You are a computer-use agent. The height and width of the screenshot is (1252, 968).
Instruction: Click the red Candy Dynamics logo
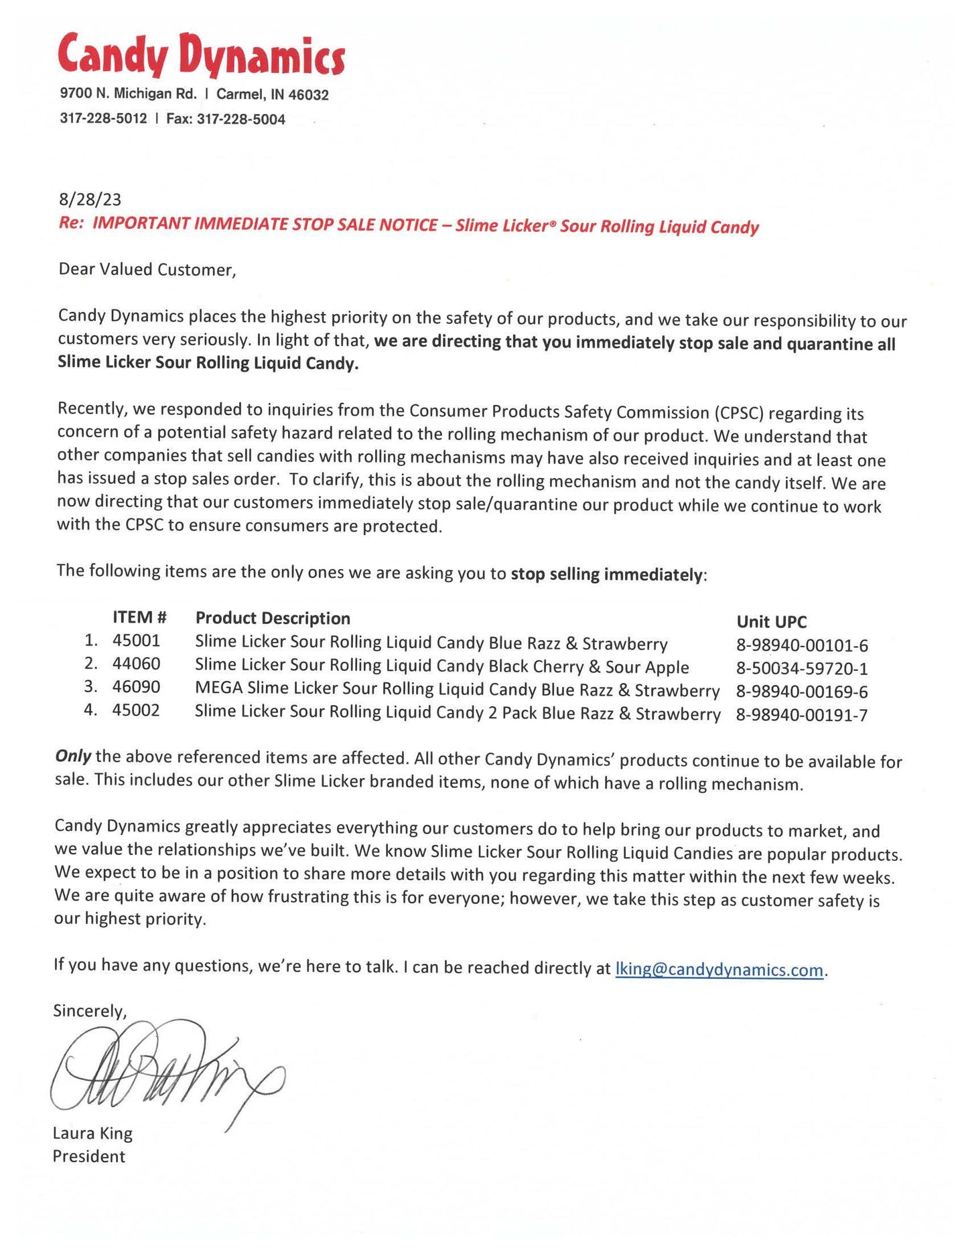[201, 54]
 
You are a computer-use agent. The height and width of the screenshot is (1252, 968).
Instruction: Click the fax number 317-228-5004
[240, 120]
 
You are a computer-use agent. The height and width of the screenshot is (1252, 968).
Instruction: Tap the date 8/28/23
[90, 199]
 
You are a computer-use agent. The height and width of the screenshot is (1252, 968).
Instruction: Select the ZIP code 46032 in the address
[308, 95]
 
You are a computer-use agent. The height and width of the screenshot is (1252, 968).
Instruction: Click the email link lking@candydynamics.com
[718, 969]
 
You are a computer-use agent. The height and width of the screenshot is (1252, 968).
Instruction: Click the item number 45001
[137, 641]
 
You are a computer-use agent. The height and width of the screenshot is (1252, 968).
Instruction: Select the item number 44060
[137, 664]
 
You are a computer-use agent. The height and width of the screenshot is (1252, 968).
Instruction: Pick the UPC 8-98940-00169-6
[802, 692]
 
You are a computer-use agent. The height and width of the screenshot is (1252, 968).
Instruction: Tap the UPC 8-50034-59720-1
[802, 668]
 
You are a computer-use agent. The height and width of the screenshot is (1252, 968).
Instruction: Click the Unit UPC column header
[772, 622]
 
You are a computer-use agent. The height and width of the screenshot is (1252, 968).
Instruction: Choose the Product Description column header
[273, 618]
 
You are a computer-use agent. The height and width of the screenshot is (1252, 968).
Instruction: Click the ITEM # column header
[139, 617]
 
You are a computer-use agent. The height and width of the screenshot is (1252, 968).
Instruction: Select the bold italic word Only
[73, 757]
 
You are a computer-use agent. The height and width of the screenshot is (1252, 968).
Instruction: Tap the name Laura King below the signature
[92, 1133]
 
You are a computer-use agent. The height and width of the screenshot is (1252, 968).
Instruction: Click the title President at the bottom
[89, 1156]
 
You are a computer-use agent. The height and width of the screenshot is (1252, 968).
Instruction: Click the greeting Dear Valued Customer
[147, 270]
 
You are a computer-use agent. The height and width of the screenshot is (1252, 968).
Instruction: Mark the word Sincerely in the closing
[90, 1010]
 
